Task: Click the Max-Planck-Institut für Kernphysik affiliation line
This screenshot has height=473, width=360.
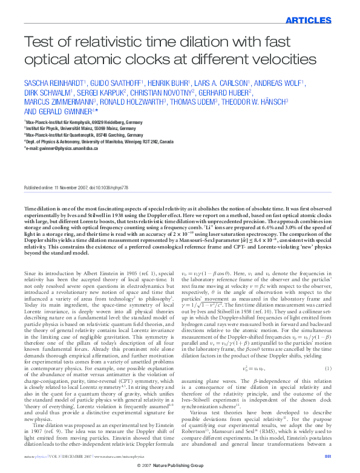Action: click(x=84, y=122)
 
